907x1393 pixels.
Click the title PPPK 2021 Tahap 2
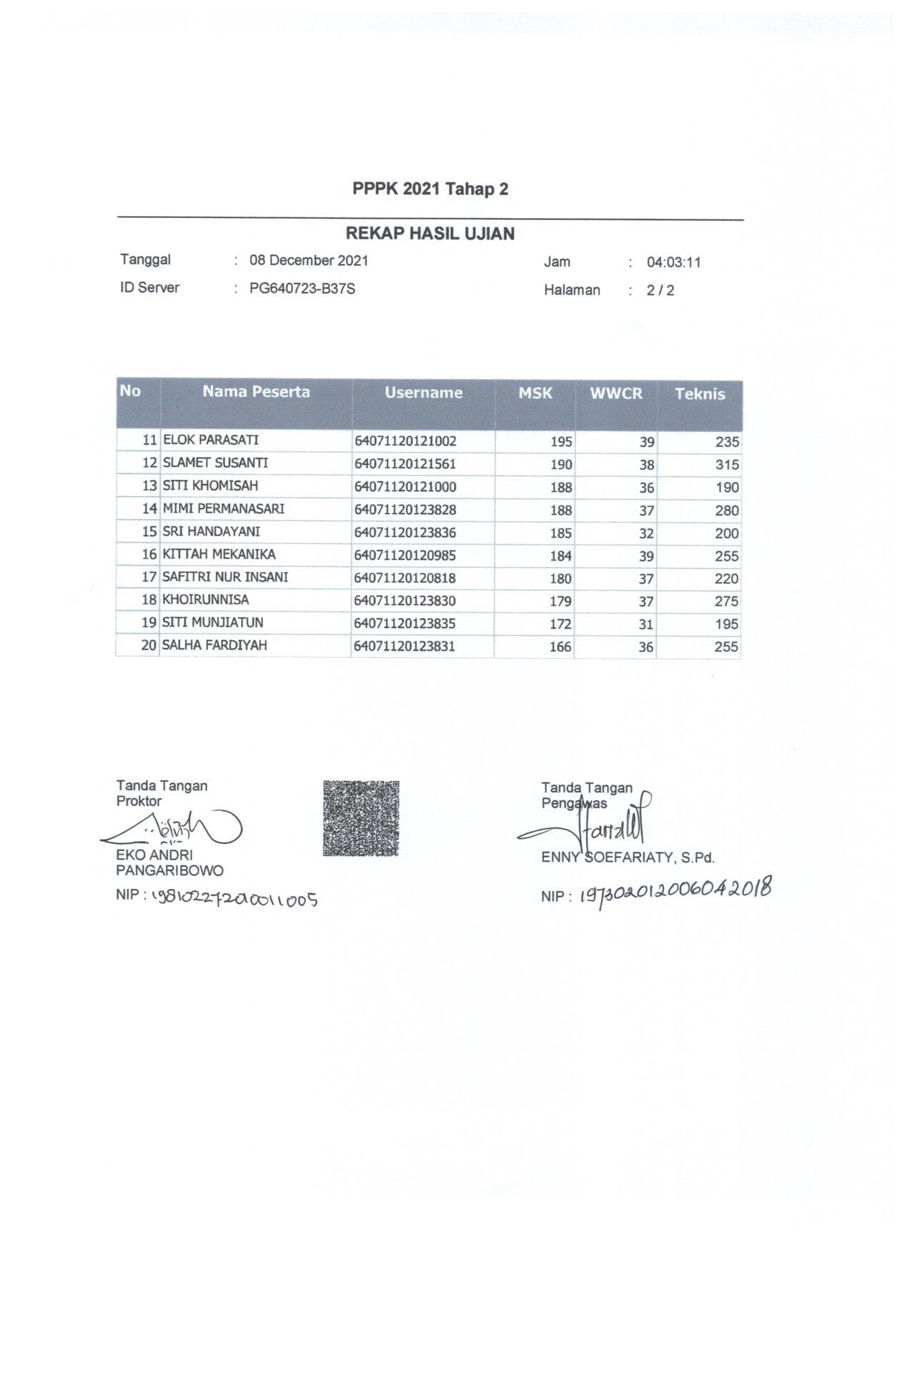pos(430,189)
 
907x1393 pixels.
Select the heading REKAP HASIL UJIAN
pos(430,234)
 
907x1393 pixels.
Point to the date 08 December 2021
pos(308,261)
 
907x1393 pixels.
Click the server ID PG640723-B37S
pos(302,290)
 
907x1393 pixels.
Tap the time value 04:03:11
pos(673,262)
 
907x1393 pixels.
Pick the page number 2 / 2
pos(660,290)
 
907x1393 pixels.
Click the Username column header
pos(423,393)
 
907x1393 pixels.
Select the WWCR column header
pos(615,393)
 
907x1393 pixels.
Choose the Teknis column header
pos(699,394)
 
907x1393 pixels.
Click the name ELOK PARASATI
pos(211,440)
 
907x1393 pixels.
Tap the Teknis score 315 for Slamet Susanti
pos(727,465)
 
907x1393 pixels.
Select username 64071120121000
pos(405,487)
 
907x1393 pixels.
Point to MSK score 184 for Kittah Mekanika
pos(560,556)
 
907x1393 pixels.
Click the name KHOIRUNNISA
pos(206,599)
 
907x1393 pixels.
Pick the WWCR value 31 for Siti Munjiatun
pos(645,624)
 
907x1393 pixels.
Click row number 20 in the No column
pos(149,646)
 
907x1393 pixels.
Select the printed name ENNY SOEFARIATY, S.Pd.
pos(628,858)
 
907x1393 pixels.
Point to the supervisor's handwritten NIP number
pos(675,892)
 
